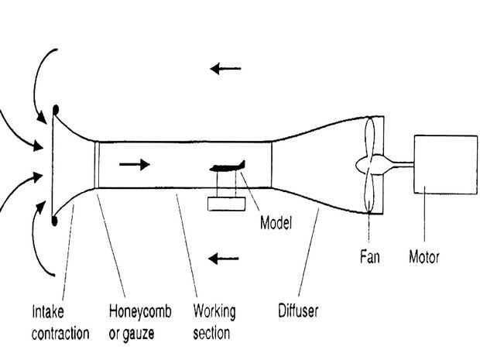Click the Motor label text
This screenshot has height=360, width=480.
pos(424,257)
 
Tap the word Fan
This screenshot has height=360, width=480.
pos(370,256)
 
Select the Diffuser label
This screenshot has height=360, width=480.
pos(298,310)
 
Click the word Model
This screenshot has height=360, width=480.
pos(276,222)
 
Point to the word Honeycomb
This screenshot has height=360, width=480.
pos(140,312)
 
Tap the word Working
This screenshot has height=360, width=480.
pos(214,312)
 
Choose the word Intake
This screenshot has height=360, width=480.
pos(48,311)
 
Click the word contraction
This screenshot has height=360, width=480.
pos(60,334)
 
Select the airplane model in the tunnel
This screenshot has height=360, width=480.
pos(228,166)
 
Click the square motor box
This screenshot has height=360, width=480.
pos(445,164)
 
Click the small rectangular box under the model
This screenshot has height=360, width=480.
pos(227,204)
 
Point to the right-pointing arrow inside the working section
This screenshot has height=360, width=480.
pos(135,164)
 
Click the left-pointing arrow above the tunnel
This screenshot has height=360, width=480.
pos(225,69)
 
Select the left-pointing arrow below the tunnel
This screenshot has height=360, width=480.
pos(223,259)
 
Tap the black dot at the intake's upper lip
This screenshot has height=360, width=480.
pos(56,110)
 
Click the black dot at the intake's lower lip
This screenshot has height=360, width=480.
pos(54,221)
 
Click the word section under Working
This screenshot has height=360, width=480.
pos(211,334)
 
